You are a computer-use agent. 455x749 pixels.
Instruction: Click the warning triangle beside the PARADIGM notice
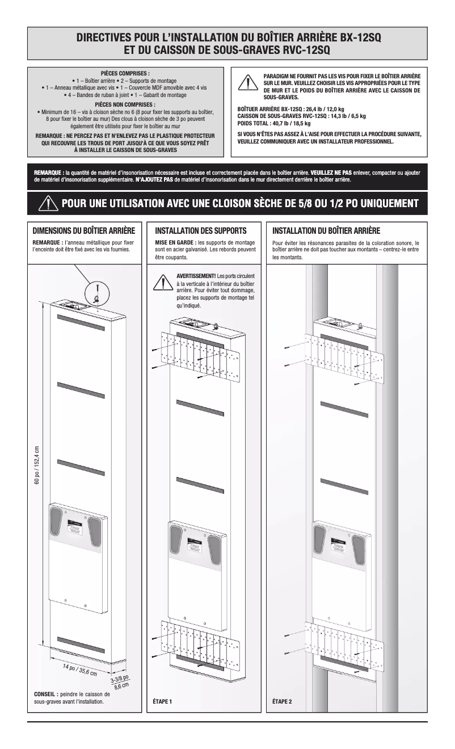(248, 83)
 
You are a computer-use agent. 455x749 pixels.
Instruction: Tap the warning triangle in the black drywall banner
(48, 203)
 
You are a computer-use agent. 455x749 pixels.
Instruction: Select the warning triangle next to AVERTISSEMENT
(163, 282)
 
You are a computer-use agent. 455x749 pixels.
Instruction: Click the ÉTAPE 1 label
(162, 701)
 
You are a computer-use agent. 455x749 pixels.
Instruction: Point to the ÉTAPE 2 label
(282, 701)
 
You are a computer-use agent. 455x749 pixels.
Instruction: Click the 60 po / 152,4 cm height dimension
(37, 465)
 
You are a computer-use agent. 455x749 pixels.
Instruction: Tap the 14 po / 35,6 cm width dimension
(80, 670)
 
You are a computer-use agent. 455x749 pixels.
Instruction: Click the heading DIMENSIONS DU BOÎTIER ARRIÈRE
(84, 231)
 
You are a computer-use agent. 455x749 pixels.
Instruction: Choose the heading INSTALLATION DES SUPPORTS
(201, 231)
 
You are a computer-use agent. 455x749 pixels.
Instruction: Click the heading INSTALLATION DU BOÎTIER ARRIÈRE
(326, 231)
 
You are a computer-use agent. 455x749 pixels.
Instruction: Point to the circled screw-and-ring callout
(97, 295)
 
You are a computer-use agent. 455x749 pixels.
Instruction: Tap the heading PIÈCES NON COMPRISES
(125, 104)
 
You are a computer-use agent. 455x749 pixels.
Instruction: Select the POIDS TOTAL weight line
(274, 123)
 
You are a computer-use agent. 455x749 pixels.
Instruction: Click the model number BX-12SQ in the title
(360, 37)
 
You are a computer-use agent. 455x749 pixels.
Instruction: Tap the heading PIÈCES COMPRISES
(125, 74)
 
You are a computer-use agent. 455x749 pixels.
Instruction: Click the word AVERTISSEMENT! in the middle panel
(196, 276)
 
